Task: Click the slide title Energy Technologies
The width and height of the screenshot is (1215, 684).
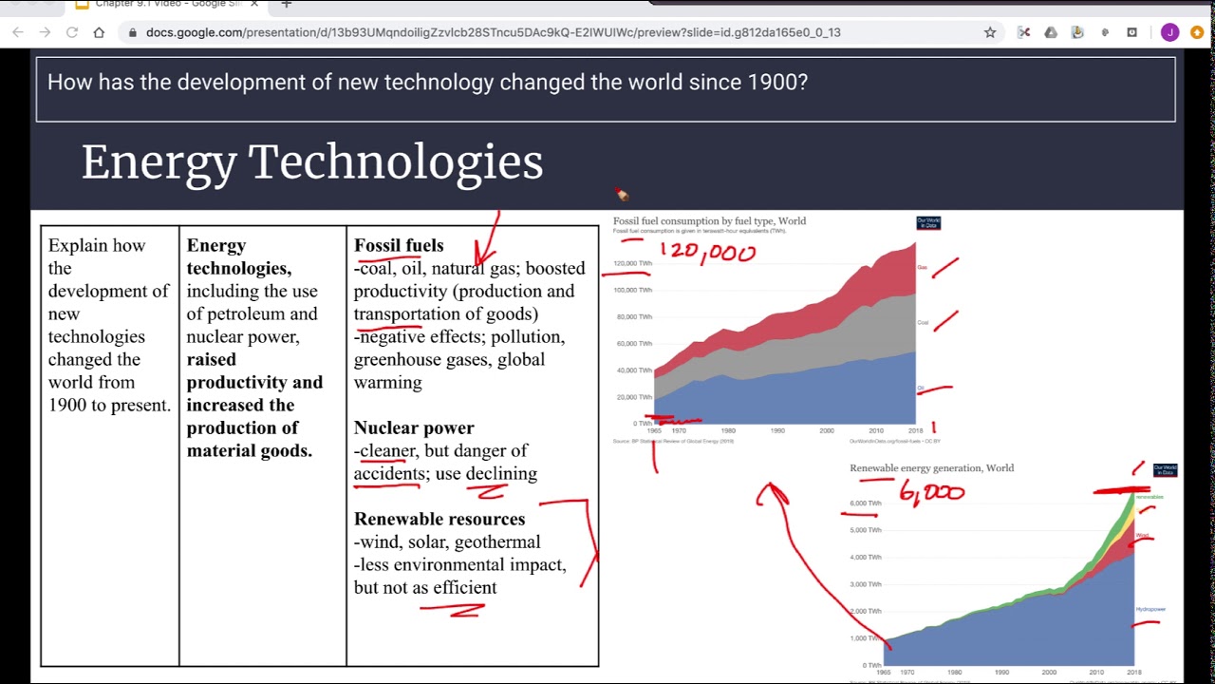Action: (x=311, y=161)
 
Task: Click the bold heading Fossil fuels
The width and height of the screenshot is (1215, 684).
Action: (x=399, y=245)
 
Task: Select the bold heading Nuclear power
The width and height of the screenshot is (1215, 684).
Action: (x=414, y=427)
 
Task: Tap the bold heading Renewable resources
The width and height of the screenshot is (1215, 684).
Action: (x=439, y=519)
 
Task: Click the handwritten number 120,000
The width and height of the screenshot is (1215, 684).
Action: (x=708, y=253)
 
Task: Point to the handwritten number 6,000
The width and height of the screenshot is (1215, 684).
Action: (x=931, y=492)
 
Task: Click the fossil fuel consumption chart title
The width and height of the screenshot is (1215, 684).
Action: (x=709, y=221)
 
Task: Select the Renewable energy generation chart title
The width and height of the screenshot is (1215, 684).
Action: (x=931, y=468)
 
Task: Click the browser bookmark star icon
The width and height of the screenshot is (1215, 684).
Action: (x=990, y=32)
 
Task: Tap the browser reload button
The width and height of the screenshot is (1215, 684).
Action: (x=72, y=32)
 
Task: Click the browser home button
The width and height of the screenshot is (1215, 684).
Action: (x=99, y=32)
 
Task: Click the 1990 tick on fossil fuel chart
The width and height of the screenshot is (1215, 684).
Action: (x=777, y=431)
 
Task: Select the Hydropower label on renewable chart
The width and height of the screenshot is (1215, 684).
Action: (x=1150, y=609)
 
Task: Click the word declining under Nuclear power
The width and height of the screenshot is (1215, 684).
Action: (x=501, y=473)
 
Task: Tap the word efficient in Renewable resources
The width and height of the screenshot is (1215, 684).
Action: (x=464, y=587)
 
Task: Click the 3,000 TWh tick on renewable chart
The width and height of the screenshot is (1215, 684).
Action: (x=865, y=584)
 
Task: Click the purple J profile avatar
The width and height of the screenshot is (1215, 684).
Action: (x=1169, y=32)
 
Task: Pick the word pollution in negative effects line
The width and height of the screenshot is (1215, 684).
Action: (x=527, y=336)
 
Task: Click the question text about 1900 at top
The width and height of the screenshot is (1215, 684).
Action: (x=427, y=82)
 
